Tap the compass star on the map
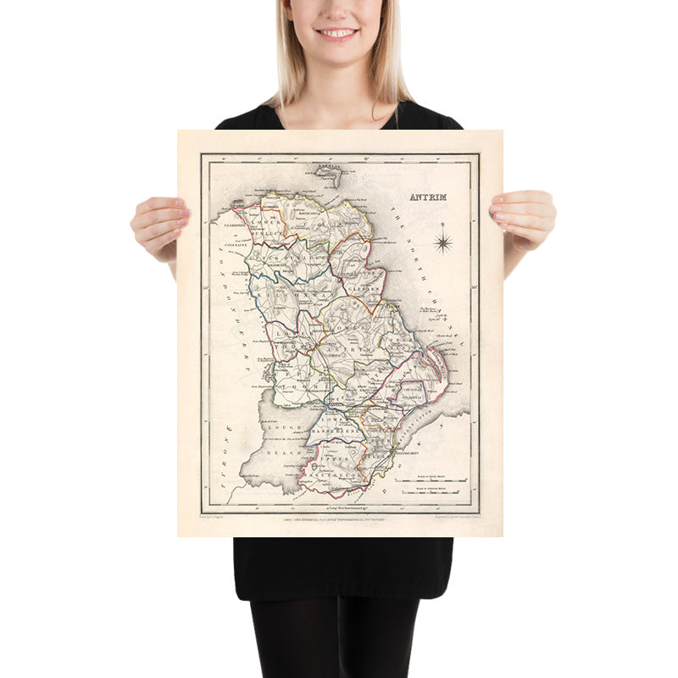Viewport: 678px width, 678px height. [442, 243]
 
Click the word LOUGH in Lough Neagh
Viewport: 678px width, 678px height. [279, 430]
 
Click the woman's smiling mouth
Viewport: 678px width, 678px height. [336, 33]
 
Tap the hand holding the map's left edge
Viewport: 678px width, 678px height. [159, 224]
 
